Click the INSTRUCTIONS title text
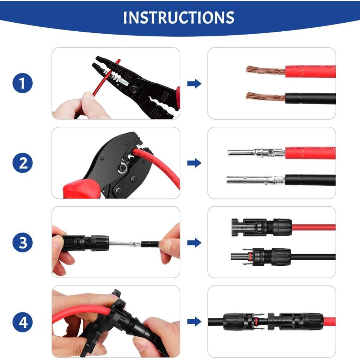(x=179, y=17)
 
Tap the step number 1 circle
(x=23, y=84)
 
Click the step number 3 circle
(x=23, y=243)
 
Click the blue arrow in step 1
(x=194, y=84)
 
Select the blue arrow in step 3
(x=194, y=243)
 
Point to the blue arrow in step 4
(x=194, y=322)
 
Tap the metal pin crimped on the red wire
(x=256, y=153)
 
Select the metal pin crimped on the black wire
(x=256, y=179)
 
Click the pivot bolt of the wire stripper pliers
(x=136, y=89)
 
